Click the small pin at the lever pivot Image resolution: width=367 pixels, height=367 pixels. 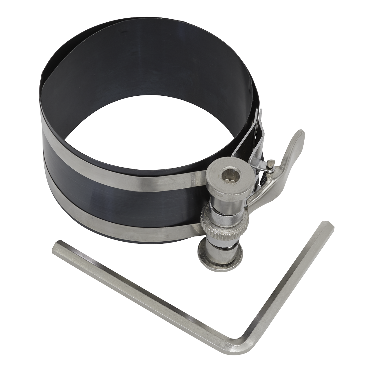270,165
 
